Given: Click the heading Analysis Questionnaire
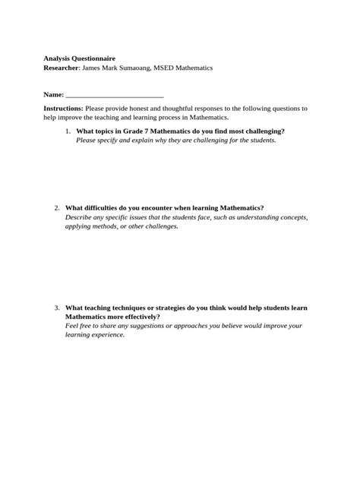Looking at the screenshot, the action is [x=80, y=58].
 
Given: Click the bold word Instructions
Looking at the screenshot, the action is [x=63, y=109].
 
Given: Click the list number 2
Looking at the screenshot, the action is [x=58, y=208].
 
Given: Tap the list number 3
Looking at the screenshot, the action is [x=58, y=308].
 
